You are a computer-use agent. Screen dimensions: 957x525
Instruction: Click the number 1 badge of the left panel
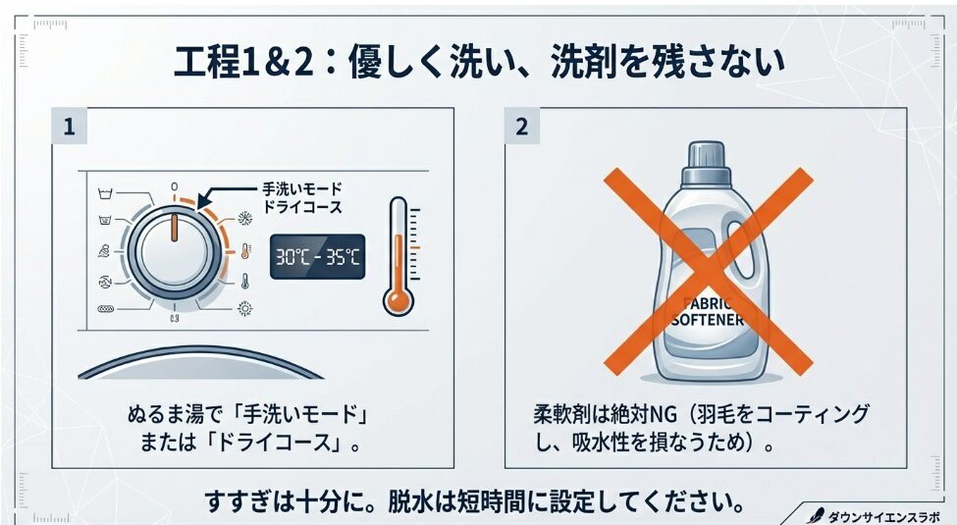[x=69, y=127]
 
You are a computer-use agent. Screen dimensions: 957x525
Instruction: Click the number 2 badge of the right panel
[x=522, y=127]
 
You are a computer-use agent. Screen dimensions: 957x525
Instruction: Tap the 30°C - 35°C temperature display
[x=317, y=256]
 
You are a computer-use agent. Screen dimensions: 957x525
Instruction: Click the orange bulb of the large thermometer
[x=398, y=300]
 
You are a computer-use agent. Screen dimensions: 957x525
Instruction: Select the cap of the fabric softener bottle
[x=706, y=164]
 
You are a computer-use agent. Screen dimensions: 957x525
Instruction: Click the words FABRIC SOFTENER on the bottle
[x=708, y=312]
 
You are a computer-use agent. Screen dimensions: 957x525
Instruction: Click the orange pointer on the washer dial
[x=175, y=227]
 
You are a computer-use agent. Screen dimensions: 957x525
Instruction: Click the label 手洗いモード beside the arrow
[x=302, y=188]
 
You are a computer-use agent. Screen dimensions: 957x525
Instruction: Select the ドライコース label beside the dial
[x=302, y=207]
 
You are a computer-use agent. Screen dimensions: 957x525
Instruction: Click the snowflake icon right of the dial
[x=244, y=219]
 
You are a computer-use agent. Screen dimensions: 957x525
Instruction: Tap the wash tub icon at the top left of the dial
[x=106, y=194]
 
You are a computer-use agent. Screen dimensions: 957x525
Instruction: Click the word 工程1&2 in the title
[x=243, y=62]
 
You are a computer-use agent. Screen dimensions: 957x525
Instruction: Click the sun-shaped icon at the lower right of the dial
[x=244, y=309]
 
